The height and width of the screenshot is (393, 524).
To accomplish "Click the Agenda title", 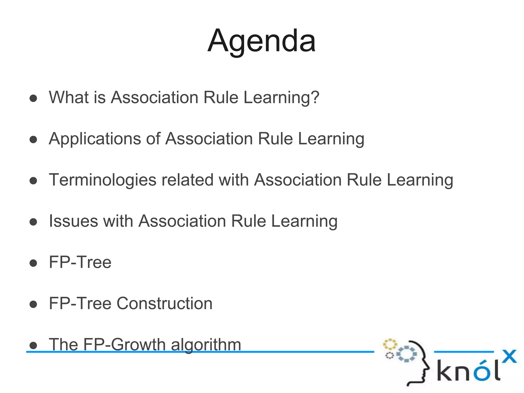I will click(261, 41).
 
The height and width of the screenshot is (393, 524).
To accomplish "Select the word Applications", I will click(95, 139).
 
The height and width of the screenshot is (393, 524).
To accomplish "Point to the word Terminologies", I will click(102, 180).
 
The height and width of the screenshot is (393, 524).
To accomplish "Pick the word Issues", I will click(73, 221).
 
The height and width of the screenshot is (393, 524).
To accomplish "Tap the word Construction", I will click(165, 303).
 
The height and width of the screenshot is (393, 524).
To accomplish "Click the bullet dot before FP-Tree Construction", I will click(33, 304).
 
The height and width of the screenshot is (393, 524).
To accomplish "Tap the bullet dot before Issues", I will click(33, 222).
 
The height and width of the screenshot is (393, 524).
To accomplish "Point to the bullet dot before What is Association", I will click(33, 98).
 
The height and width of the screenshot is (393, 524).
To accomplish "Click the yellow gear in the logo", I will click(390, 344).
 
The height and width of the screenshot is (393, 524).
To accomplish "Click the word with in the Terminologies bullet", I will click(234, 180).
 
